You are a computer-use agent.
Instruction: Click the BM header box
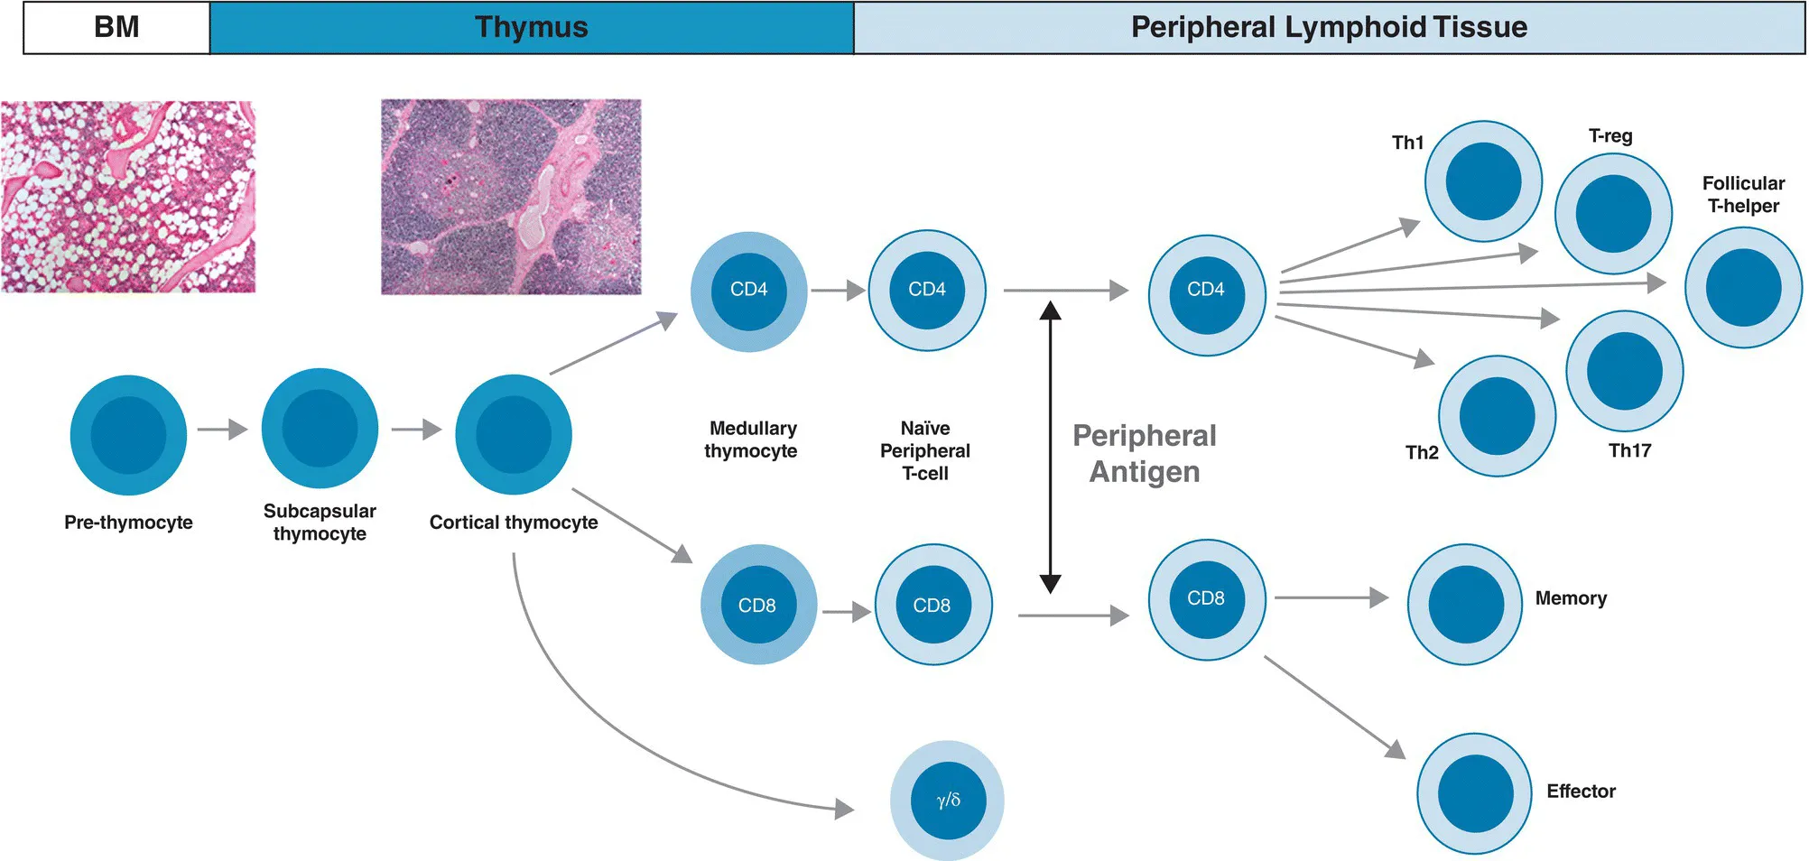point(116,27)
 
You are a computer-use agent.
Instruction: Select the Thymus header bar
point(531,27)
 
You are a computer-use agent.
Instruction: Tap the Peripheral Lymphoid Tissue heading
point(1329,27)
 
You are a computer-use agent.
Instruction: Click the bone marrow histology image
point(127,197)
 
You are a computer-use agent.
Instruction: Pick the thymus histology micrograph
point(511,197)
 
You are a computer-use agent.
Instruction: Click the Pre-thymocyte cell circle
point(128,435)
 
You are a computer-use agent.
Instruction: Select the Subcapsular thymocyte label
point(320,522)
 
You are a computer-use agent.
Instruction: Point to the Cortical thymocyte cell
point(514,434)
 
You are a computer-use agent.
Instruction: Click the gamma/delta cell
point(947,800)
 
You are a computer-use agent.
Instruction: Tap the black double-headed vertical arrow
point(1050,447)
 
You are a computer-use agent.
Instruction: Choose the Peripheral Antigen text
point(1145,453)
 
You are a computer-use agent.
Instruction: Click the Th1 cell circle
point(1483,181)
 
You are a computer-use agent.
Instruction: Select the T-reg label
point(1610,135)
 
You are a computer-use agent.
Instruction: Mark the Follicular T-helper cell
point(1743,287)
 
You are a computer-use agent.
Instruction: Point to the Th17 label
point(1629,450)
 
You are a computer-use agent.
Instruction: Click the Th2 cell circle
point(1497,416)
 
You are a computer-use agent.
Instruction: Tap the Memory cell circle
point(1466,604)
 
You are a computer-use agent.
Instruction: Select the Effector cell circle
point(1475,793)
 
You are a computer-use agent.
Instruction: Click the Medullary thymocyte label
point(752,440)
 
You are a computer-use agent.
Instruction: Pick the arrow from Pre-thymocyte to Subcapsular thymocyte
point(222,430)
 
